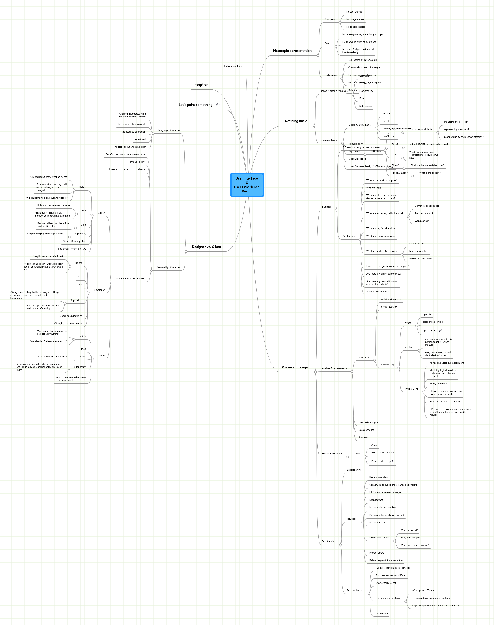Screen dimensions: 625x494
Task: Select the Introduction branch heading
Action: (233, 66)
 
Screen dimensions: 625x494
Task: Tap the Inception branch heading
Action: (201, 85)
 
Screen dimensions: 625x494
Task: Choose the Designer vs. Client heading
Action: (206, 247)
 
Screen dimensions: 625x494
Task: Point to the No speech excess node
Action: (356, 27)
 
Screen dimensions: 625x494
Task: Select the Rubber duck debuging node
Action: (70, 316)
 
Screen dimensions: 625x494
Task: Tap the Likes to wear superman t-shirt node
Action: (53, 356)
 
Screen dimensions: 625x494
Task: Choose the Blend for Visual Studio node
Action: (383, 452)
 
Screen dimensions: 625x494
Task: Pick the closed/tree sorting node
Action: (432, 322)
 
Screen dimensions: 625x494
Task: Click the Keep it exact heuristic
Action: (376, 500)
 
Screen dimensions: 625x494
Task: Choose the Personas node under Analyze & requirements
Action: (363, 437)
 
